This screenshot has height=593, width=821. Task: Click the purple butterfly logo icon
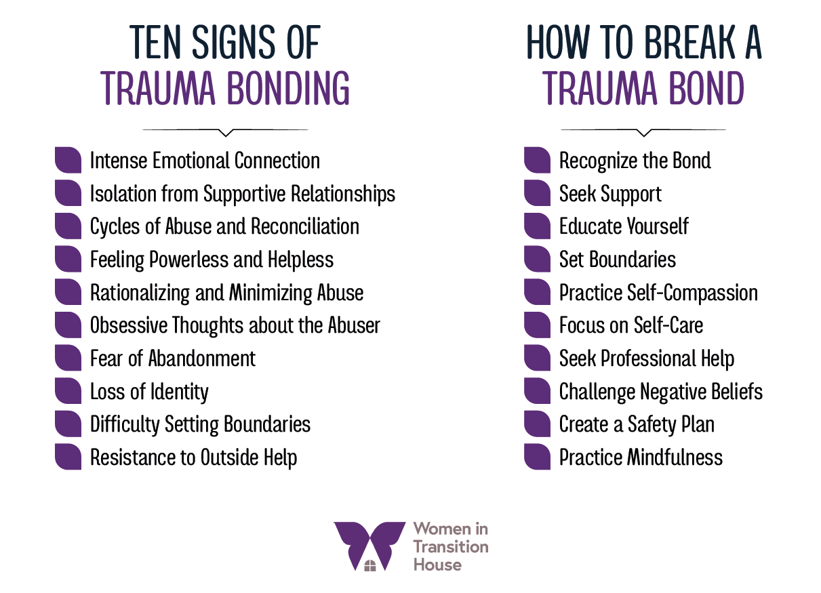click(x=369, y=546)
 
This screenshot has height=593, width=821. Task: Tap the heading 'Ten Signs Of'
click(x=224, y=43)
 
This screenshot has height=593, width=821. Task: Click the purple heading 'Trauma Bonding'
click(x=224, y=87)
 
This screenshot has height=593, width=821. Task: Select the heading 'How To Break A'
click(x=643, y=43)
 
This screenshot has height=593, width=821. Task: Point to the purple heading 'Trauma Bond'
click(x=643, y=87)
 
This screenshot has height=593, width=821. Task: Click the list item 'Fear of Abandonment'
click(x=172, y=359)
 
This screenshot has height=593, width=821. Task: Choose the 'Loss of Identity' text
click(x=149, y=392)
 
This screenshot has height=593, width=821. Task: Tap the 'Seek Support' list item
click(x=610, y=194)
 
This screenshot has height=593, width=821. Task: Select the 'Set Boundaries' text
click(x=617, y=260)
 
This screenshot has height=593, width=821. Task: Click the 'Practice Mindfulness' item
click(x=641, y=457)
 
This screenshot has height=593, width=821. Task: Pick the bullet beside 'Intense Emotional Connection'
click(x=68, y=161)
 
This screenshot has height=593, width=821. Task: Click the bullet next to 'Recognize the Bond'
click(x=537, y=161)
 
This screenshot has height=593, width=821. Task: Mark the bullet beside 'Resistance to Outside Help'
click(x=68, y=457)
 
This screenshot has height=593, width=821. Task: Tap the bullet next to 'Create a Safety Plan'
click(x=537, y=424)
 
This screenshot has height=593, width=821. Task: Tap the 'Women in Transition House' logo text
click(x=450, y=546)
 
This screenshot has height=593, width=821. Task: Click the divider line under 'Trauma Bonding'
click(x=224, y=130)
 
